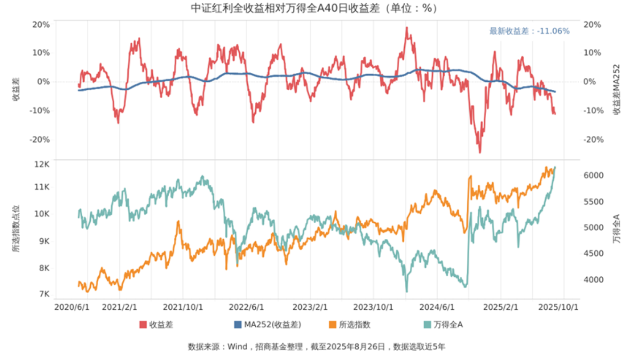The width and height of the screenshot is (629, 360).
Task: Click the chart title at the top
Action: tap(314, 8)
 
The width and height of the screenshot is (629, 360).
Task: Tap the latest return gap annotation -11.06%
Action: tap(529, 31)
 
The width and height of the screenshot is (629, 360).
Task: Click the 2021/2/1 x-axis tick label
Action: tap(119, 307)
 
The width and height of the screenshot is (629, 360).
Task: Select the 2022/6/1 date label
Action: tap(246, 307)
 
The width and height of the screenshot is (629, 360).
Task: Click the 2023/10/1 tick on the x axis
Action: tap(373, 307)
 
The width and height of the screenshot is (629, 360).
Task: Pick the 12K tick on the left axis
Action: tap(42, 164)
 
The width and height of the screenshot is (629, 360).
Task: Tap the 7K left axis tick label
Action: tap(44, 294)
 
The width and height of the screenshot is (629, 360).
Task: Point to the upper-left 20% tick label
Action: tap(41, 24)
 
